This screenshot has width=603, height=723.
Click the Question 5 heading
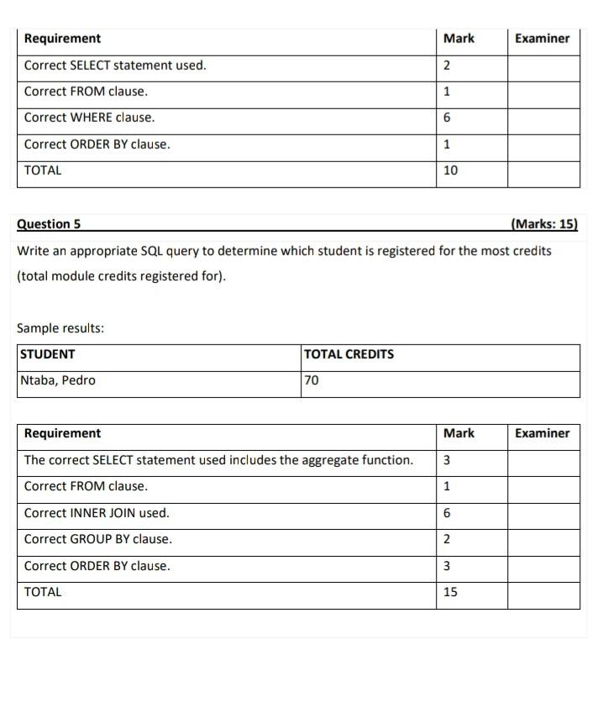[x=49, y=224]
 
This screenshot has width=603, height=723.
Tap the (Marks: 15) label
[x=543, y=224]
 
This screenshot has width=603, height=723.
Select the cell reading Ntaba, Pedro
[x=58, y=380]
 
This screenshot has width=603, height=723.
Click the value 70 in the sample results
[x=312, y=380]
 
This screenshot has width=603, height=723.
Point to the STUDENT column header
[x=48, y=354]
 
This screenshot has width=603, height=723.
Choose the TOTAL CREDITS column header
[x=349, y=354]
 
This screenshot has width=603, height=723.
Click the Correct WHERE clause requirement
[x=89, y=118]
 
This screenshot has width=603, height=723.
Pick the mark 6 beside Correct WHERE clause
[x=447, y=118]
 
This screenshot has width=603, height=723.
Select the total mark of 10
[x=450, y=170]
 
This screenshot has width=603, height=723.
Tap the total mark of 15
[x=450, y=592]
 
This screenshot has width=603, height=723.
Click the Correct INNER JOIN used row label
[x=97, y=513]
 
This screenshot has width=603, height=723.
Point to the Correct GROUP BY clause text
[x=97, y=539]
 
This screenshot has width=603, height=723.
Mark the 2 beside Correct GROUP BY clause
[x=447, y=539]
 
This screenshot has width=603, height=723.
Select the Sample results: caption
[x=60, y=328]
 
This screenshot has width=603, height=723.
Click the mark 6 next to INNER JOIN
[x=447, y=513]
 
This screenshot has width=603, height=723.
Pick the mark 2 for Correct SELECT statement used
[x=447, y=65]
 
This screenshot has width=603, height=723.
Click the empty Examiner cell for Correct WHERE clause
[x=543, y=118]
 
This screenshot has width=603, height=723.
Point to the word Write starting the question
[x=33, y=251]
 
